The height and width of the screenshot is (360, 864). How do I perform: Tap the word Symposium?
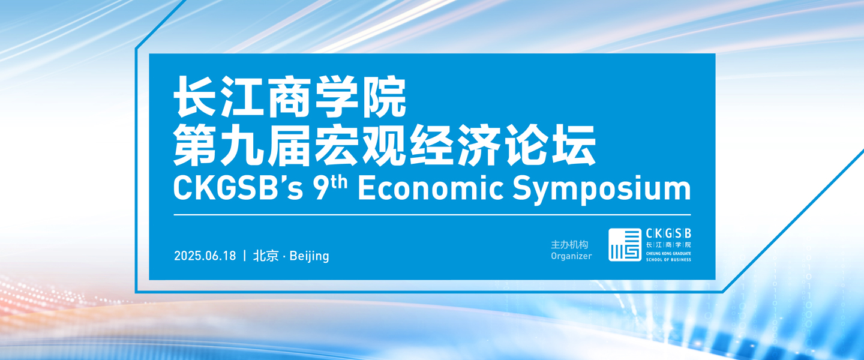point(602,191)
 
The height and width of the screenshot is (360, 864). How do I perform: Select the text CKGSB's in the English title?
point(238,188)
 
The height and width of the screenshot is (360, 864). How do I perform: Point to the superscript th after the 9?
point(340,182)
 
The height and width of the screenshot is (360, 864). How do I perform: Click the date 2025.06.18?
point(205,256)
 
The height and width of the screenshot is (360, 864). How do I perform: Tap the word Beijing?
point(310,256)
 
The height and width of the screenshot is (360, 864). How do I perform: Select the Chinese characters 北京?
point(266,256)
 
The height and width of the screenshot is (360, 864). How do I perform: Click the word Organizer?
point(571,256)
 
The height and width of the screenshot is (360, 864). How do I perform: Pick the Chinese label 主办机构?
point(570,245)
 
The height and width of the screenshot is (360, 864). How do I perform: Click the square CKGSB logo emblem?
point(625,245)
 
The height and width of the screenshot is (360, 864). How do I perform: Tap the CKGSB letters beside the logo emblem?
point(668,233)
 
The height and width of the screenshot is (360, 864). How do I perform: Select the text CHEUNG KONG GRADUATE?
point(668,254)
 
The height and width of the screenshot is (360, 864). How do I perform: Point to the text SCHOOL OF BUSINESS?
point(668,260)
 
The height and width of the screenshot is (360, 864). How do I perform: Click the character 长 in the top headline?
point(195,97)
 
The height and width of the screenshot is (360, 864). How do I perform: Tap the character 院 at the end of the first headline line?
point(385,97)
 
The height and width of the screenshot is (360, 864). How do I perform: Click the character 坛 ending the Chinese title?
point(574,145)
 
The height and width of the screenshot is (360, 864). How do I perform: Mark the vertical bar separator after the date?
point(245,256)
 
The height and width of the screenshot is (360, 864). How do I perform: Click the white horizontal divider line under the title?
point(432,215)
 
